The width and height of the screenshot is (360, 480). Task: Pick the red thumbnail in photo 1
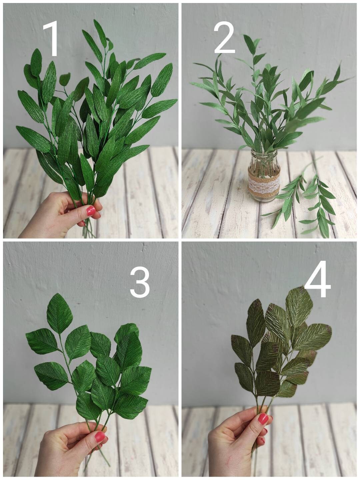(x=91, y=211)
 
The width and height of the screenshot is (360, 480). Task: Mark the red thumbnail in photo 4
(x=263, y=419)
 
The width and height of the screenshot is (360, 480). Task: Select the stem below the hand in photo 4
(x=255, y=465)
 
